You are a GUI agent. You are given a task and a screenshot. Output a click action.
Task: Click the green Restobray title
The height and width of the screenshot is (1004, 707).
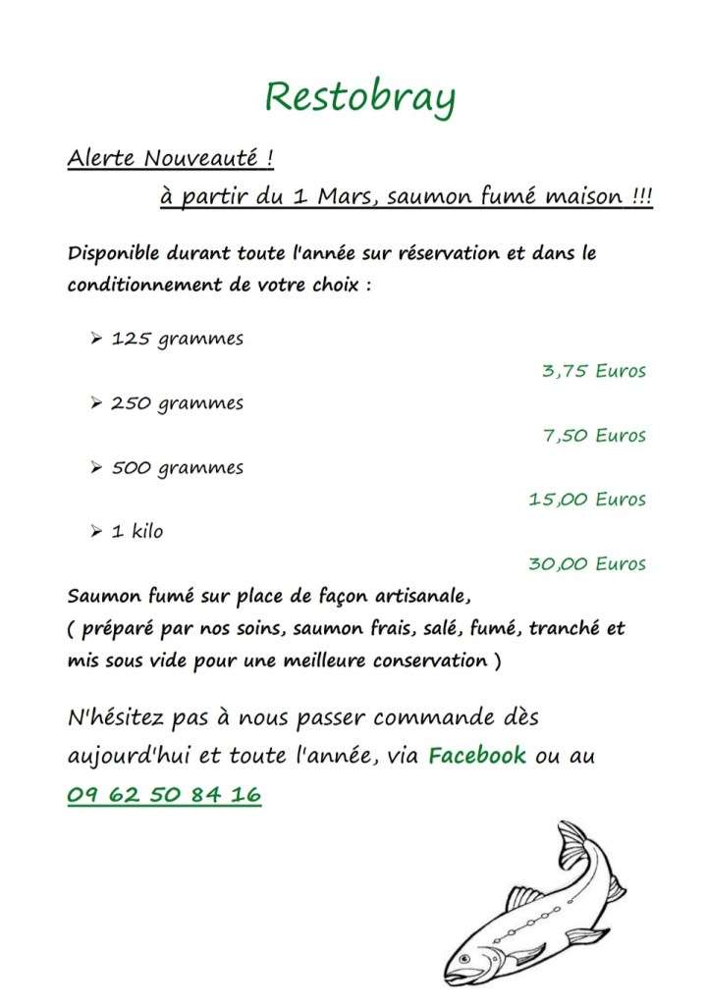[x=360, y=98]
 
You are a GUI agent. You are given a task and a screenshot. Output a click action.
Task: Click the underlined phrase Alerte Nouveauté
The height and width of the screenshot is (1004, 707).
[x=170, y=158]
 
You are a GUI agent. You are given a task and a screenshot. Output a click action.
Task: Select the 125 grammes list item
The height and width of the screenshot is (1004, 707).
[x=177, y=340]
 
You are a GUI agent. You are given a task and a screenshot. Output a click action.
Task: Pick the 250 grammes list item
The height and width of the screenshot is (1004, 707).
[x=177, y=403]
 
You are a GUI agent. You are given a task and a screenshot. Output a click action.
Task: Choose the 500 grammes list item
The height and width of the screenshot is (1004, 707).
[x=177, y=468]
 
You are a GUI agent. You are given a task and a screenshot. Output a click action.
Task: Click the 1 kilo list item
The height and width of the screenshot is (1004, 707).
[x=137, y=532]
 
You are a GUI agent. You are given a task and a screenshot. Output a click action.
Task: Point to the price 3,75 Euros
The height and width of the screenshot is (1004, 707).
[x=594, y=371]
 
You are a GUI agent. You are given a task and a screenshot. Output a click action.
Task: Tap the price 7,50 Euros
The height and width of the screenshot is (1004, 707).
[x=595, y=435]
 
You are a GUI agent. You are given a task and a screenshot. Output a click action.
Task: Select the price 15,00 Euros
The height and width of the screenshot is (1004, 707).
[x=587, y=500]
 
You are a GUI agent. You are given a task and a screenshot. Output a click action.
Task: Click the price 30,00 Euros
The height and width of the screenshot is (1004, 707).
[x=587, y=564]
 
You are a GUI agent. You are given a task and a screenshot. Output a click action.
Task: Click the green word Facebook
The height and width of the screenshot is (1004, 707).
[x=477, y=756]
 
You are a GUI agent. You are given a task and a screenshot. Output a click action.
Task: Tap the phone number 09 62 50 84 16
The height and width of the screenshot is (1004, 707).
[x=164, y=795]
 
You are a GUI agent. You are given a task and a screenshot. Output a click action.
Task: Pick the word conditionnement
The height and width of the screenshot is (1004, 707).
[x=145, y=286]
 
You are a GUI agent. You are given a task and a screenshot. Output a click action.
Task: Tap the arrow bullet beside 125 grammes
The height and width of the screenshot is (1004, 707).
[x=96, y=340]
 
